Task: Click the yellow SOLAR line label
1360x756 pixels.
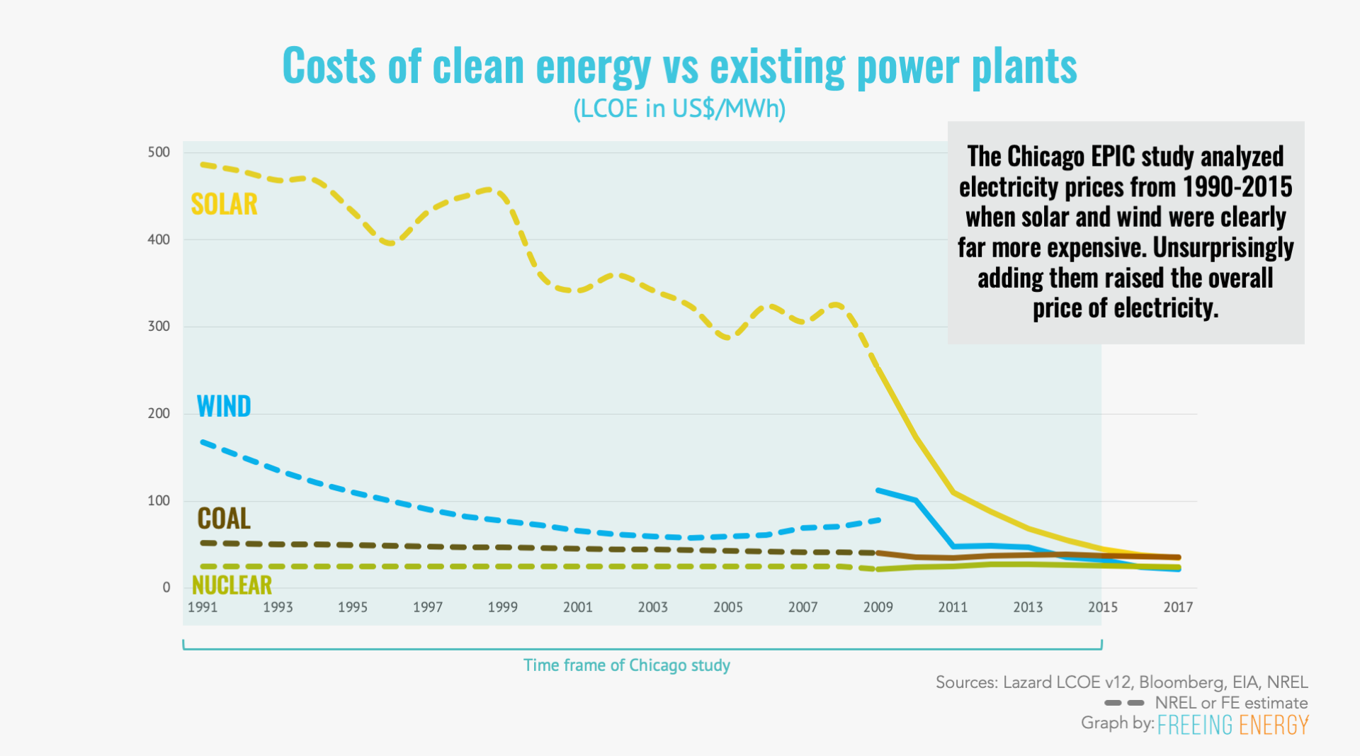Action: pyautogui.click(x=224, y=204)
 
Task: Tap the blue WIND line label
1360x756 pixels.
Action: pyautogui.click(x=224, y=406)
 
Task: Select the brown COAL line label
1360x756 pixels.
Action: pyautogui.click(x=224, y=519)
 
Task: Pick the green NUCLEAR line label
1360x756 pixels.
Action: pyautogui.click(x=232, y=585)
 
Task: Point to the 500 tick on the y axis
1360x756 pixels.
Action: pyautogui.click(x=159, y=152)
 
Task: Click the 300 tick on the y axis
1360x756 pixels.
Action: pyautogui.click(x=159, y=327)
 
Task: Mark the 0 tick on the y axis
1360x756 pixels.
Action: pyautogui.click(x=166, y=587)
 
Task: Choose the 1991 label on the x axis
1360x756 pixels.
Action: pyautogui.click(x=203, y=607)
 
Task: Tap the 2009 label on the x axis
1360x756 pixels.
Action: pyautogui.click(x=878, y=607)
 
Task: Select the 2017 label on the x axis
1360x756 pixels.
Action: pyautogui.click(x=1178, y=607)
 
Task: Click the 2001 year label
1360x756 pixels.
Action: pyautogui.click(x=578, y=607)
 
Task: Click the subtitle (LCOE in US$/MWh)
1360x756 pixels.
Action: pyautogui.click(x=679, y=108)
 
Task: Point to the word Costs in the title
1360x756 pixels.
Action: pyautogui.click(x=329, y=66)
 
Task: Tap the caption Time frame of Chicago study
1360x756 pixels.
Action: pyautogui.click(x=627, y=665)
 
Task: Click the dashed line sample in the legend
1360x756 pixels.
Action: pyautogui.click(x=1124, y=703)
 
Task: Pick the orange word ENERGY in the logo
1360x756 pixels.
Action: pyautogui.click(x=1274, y=725)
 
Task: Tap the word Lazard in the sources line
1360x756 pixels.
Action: pyautogui.click(x=1027, y=682)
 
